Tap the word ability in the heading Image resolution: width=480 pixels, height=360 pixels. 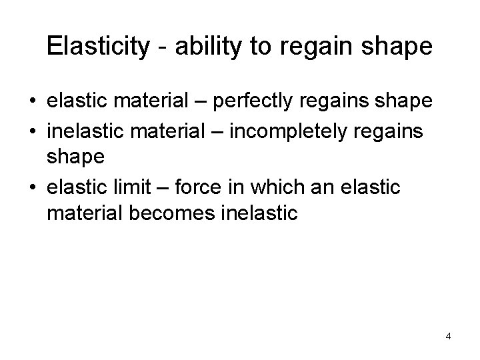[204, 47]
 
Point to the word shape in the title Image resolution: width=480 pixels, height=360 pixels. [401, 47]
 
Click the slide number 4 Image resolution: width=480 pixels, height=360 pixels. [448, 336]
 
